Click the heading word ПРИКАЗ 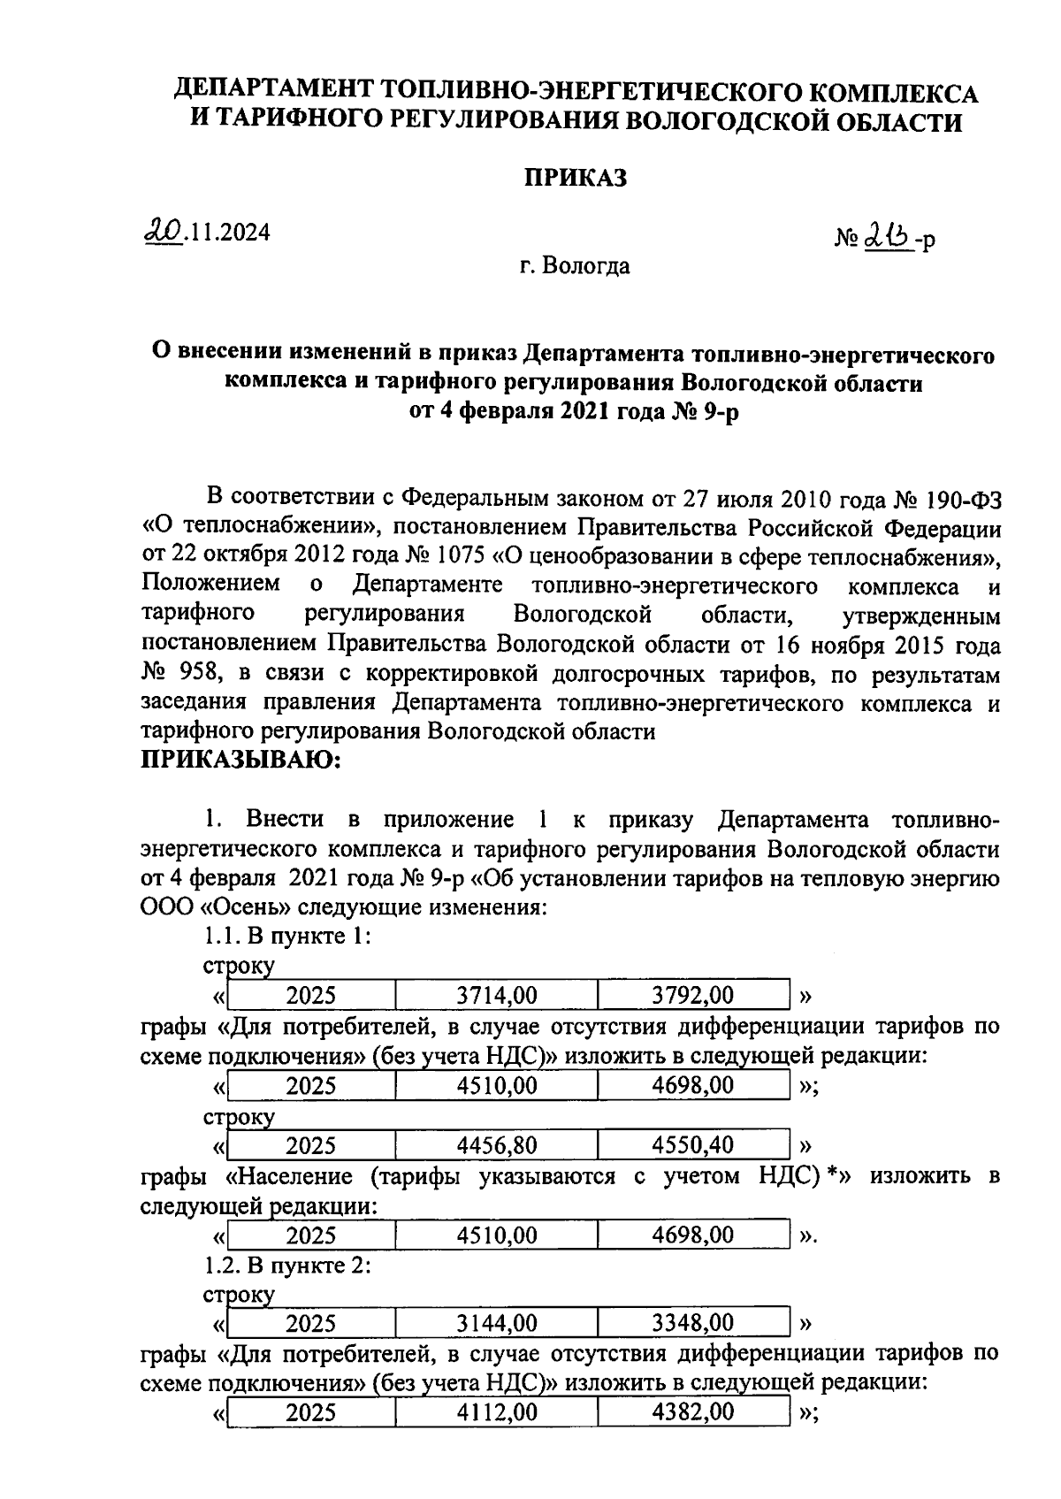click(x=576, y=178)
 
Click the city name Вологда click(x=586, y=265)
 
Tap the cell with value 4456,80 click(x=496, y=1146)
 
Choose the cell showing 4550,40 click(x=692, y=1146)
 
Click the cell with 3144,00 click(x=496, y=1323)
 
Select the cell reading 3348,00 click(x=692, y=1323)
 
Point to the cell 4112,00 click(x=496, y=1412)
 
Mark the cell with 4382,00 click(x=692, y=1412)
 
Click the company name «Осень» click(x=233, y=907)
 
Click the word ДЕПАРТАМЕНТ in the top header click(x=271, y=92)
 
